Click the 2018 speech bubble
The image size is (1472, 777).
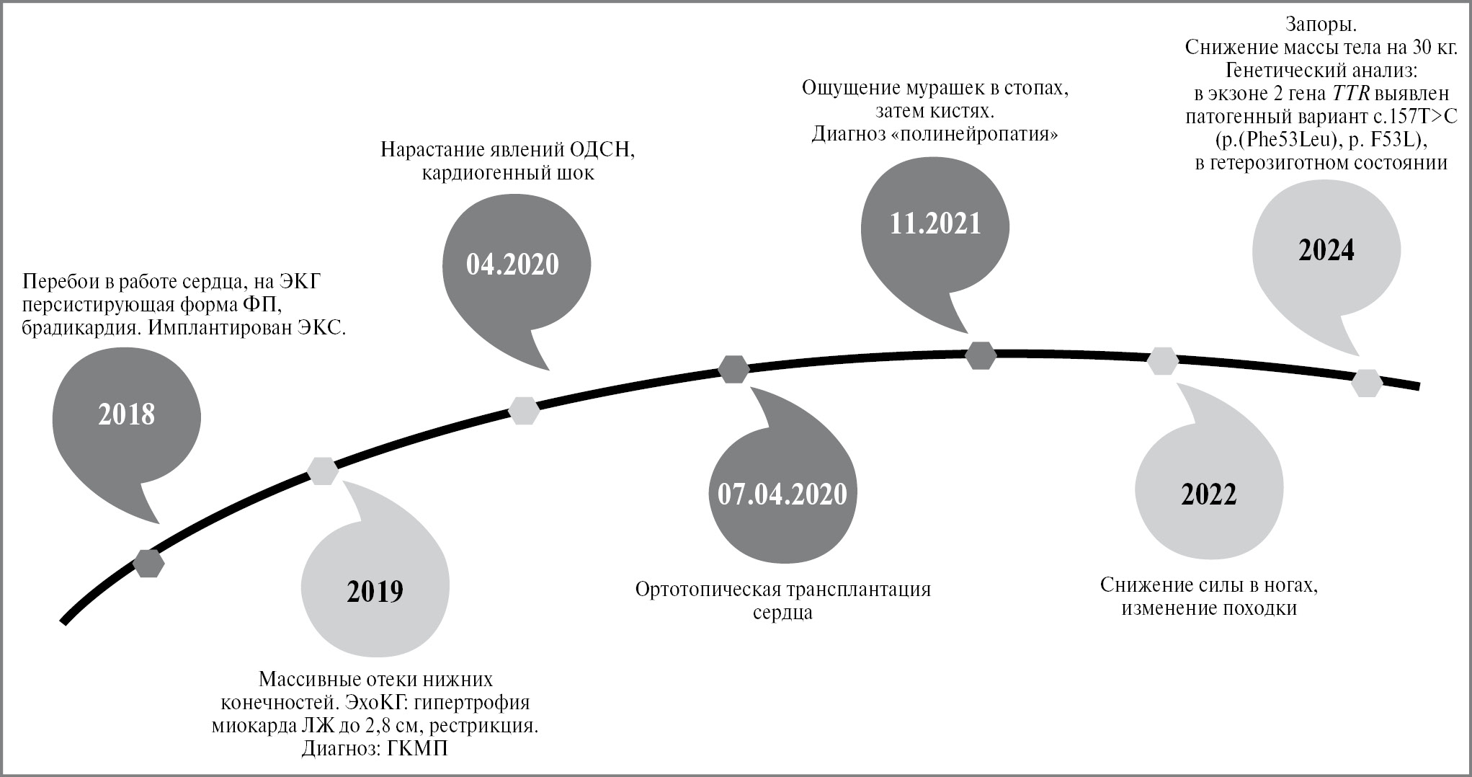(x=126, y=415)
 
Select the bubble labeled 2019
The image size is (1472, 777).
(x=375, y=592)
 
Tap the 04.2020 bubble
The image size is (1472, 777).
(x=512, y=265)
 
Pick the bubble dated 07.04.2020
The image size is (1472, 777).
(x=782, y=494)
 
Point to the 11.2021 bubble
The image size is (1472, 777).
(x=935, y=223)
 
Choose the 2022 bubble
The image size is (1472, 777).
(x=1208, y=494)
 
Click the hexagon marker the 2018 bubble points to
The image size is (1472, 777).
(x=149, y=563)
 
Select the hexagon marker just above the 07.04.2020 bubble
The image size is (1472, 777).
(x=733, y=369)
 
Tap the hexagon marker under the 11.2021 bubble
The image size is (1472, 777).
(x=981, y=355)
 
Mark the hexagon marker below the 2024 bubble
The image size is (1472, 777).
(x=1366, y=383)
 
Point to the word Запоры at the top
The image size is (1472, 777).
(x=1321, y=25)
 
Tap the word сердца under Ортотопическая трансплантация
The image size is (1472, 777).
(x=782, y=613)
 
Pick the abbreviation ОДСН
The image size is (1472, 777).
(x=602, y=150)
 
